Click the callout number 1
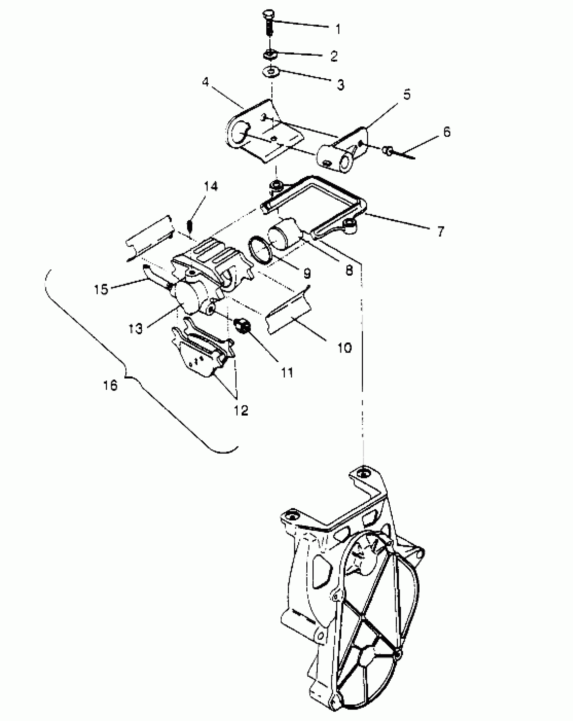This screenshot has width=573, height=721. [x=337, y=29]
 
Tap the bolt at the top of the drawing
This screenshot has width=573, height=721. [x=269, y=22]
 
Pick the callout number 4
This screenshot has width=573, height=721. [x=206, y=82]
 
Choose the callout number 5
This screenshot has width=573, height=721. [x=407, y=95]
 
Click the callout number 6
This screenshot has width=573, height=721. [x=447, y=132]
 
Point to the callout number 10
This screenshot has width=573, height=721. [x=344, y=348]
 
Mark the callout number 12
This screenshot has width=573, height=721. [x=241, y=410]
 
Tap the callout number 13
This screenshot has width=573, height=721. [x=135, y=328]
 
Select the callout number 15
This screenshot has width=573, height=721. [x=101, y=289]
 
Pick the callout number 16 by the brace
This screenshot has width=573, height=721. [x=110, y=385]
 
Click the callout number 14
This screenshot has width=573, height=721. [x=211, y=186]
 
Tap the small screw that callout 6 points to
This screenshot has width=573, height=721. [x=388, y=151]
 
